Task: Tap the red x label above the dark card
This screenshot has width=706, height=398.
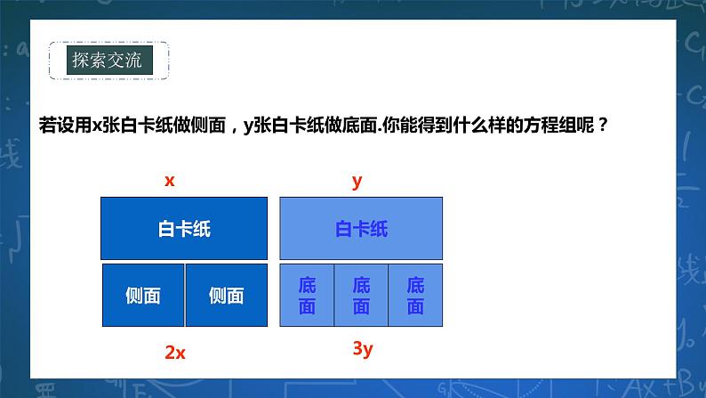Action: click(x=169, y=181)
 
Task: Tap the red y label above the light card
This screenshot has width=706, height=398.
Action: click(x=357, y=181)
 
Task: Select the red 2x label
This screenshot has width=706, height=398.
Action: click(x=175, y=352)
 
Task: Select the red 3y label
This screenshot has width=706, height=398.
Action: click(x=361, y=348)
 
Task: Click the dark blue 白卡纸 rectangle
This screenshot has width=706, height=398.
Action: click(x=184, y=229)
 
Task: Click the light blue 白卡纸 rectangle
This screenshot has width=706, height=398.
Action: click(x=361, y=229)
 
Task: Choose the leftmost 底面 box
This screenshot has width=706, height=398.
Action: click(x=307, y=296)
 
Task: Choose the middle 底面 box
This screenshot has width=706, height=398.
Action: click(x=361, y=296)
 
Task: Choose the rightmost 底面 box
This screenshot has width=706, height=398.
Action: click(x=415, y=296)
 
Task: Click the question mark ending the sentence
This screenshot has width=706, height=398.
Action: click(x=605, y=125)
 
